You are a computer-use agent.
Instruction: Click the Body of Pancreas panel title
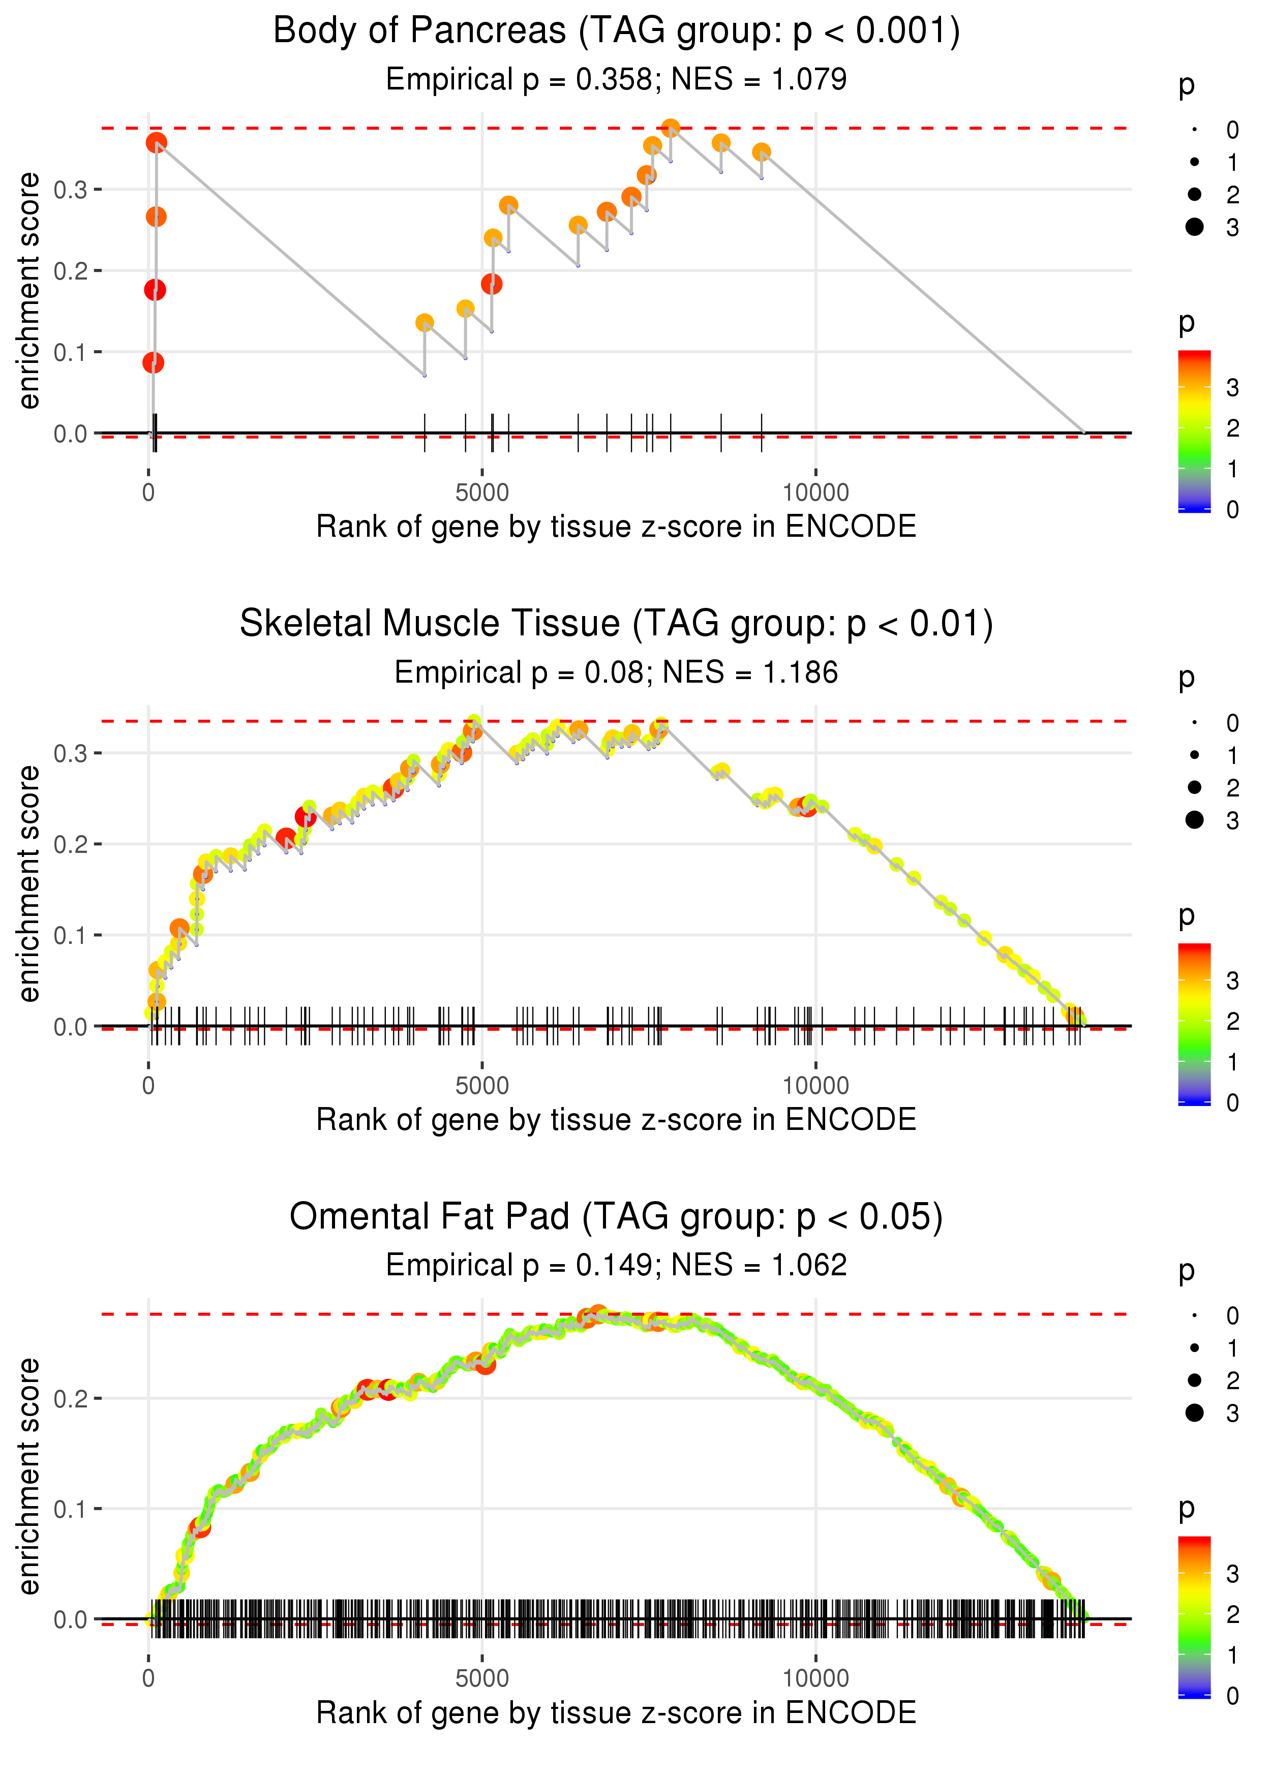616,32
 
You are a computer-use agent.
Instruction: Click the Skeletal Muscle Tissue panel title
616,624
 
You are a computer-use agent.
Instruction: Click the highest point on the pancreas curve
671,128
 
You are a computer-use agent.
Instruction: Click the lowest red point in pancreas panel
154,362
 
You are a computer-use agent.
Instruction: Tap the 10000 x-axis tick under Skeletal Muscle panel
815,1086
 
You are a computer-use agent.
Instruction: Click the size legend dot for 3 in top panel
1194,227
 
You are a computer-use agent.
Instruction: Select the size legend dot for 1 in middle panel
1194,755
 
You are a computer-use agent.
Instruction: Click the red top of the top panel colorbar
1194,356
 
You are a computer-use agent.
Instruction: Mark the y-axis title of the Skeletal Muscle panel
29,884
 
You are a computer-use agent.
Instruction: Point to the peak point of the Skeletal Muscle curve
473,722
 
